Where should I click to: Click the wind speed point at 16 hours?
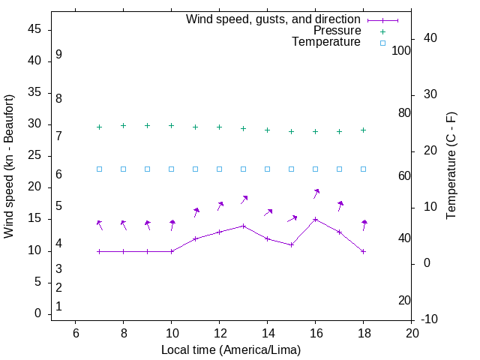click(315, 220)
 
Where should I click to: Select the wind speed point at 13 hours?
click(243, 226)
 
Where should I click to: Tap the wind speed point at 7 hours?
click(99, 251)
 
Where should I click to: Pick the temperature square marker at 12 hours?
click(219, 169)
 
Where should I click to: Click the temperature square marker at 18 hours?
click(363, 169)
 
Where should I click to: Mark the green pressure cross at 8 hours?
click(123, 126)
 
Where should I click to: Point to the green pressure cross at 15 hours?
click(291, 131)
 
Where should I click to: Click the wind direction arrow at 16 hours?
click(316, 193)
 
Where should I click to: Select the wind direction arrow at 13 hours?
click(244, 199)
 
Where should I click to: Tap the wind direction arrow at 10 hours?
click(172, 225)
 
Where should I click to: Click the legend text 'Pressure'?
click(337, 31)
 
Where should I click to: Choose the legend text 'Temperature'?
click(326, 42)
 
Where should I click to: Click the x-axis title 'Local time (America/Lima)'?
click(231, 349)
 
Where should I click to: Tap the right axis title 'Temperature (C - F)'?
click(451, 166)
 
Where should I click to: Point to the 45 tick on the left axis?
click(34, 30)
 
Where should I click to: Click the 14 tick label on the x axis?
click(267, 333)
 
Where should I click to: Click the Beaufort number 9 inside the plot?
click(58, 55)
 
